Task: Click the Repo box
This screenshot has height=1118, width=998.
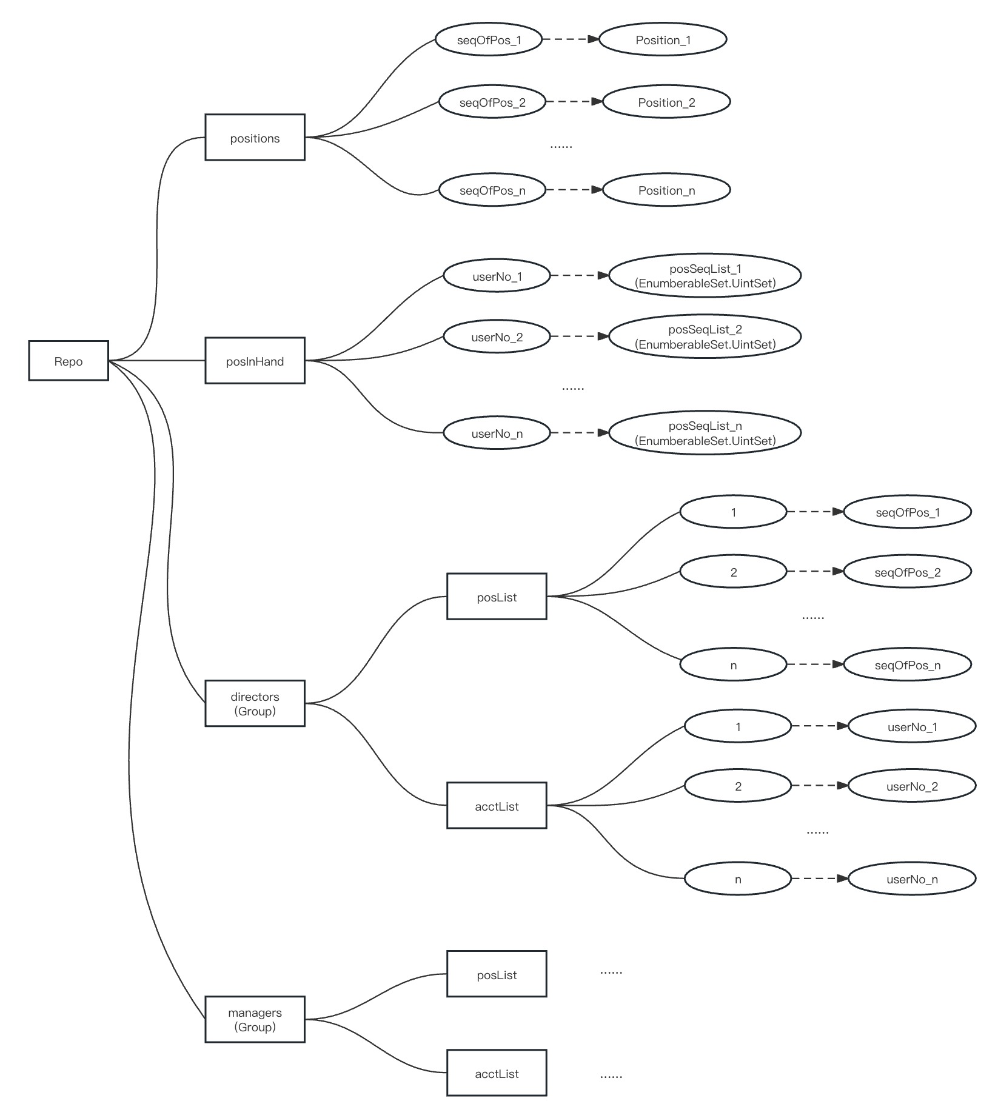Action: [69, 361]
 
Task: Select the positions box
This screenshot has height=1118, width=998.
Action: [255, 138]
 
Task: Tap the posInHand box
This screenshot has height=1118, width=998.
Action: [255, 361]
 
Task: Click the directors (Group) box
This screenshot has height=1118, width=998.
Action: [255, 703]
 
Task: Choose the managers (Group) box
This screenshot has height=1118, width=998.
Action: [255, 1019]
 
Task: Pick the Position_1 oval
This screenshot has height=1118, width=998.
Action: [663, 39]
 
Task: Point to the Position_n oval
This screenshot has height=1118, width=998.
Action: [666, 190]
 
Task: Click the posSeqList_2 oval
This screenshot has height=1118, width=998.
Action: [705, 336]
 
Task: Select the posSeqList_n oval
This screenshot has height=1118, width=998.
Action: [705, 433]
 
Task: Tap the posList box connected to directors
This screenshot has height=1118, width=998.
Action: [497, 597]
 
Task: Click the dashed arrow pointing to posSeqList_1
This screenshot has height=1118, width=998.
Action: [579, 275]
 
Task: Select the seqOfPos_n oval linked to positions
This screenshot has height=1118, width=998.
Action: [492, 190]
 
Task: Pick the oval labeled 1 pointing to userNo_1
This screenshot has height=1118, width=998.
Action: [738, 726]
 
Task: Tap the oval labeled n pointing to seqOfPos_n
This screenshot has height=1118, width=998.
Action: [733, 664]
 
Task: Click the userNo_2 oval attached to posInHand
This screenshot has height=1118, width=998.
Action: [497, 336]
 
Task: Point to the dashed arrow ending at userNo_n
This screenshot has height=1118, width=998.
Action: [819, 879]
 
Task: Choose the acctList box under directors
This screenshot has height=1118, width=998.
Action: [497, 806]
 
